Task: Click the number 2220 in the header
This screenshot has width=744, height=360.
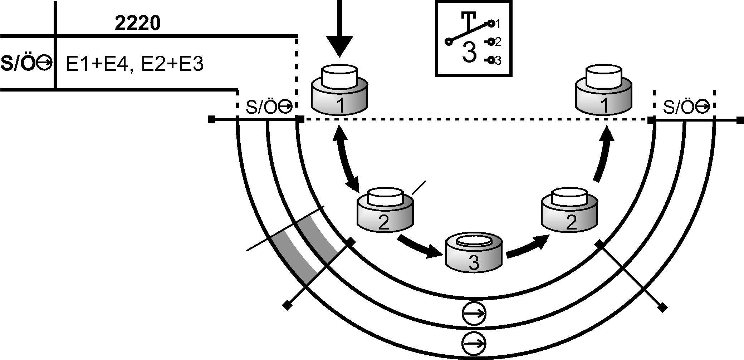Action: point(137,24)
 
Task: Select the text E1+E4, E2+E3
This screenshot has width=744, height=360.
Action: point(135,64)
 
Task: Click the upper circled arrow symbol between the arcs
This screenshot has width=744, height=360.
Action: point(474,314)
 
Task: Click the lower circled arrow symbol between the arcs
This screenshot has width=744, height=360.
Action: point(474,344)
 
